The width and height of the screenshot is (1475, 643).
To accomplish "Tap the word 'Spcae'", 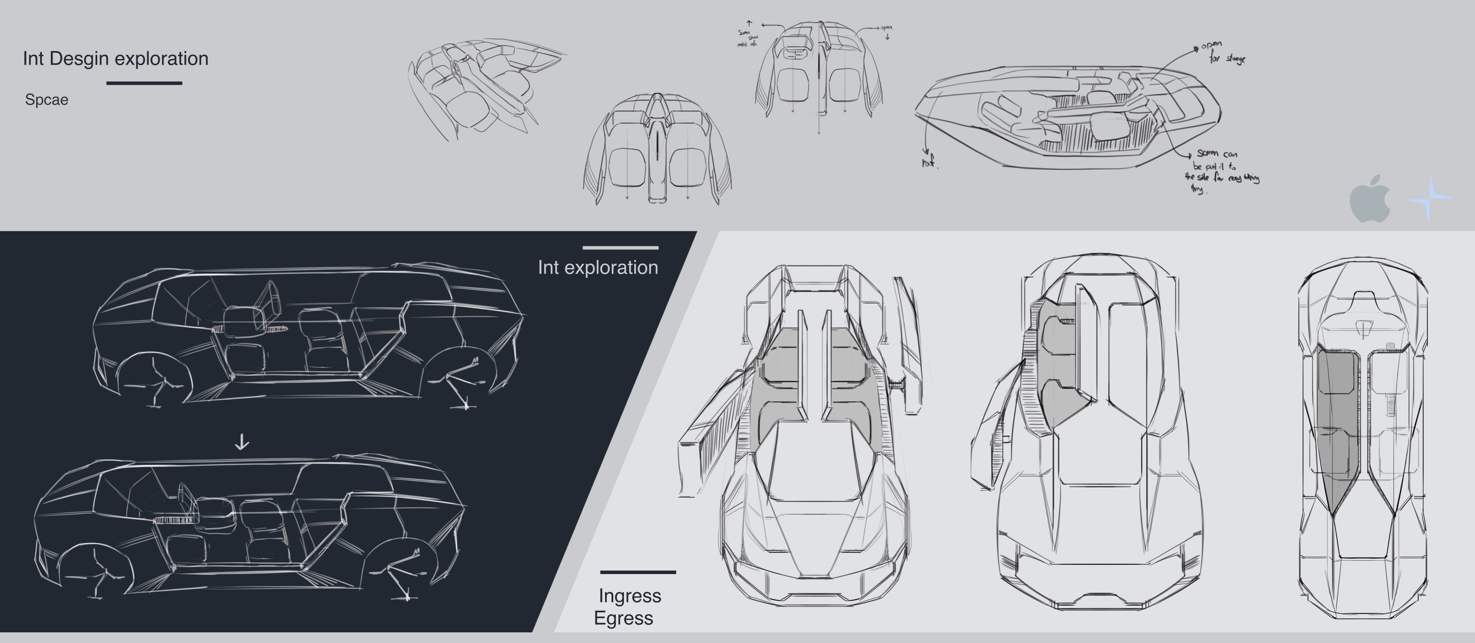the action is [x=47, y=100].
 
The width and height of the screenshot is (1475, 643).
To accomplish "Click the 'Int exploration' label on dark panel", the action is [x=597, y=268].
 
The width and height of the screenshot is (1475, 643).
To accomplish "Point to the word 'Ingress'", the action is [x=629, y=596].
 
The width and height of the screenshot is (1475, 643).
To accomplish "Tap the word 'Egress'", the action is [x=623, y=618].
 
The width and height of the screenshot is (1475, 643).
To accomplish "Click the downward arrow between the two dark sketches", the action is [x=242, y=442].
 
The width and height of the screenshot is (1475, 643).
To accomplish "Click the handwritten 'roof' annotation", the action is [x=929, y=162].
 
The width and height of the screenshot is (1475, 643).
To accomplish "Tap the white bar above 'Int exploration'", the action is [x=620, y=248].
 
